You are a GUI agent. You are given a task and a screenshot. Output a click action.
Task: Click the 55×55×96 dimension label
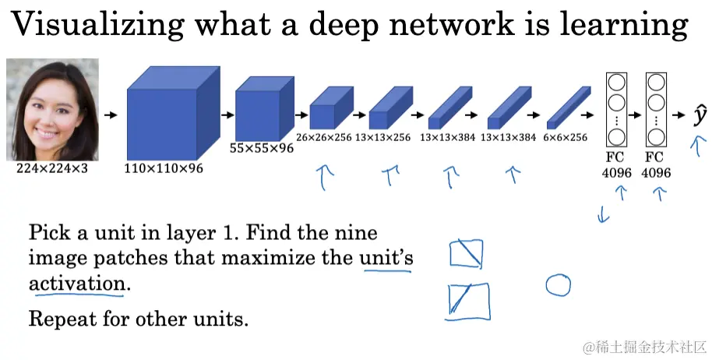[262, 148]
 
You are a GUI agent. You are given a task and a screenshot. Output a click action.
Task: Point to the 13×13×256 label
[382, 137]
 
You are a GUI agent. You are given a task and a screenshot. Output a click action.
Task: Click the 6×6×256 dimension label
[566, 137]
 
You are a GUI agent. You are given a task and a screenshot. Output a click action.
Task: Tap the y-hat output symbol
[700, 115]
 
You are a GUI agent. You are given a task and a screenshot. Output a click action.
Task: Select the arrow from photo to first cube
[112, 115]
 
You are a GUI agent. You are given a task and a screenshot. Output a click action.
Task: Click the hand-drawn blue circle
[558, 285]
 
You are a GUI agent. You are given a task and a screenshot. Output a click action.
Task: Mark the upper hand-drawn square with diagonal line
[466, 254]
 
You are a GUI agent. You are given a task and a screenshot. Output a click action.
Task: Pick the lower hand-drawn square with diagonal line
[469, 302]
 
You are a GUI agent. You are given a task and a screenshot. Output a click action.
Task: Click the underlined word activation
[76, 284]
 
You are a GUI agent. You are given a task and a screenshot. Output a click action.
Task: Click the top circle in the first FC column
[617, 82]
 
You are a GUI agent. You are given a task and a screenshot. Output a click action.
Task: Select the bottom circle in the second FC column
[655, 138]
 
